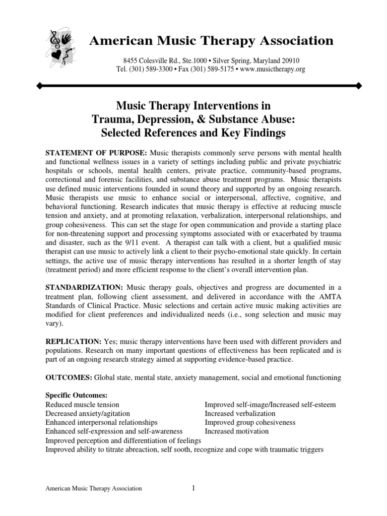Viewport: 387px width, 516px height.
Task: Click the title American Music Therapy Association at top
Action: click(x=211, y=40)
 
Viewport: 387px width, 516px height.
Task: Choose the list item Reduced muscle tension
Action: click(x=83, y=404)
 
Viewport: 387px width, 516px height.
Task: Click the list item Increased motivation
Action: click(x=237, y=431)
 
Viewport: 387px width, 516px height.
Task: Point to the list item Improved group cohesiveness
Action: click(x=250, y=422)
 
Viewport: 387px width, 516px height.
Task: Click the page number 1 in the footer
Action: click(x=193, y=487)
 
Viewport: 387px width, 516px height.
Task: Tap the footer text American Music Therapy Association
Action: click(x=94, y=488)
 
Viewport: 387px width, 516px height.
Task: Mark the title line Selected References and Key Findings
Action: click(x=193, y=133)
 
